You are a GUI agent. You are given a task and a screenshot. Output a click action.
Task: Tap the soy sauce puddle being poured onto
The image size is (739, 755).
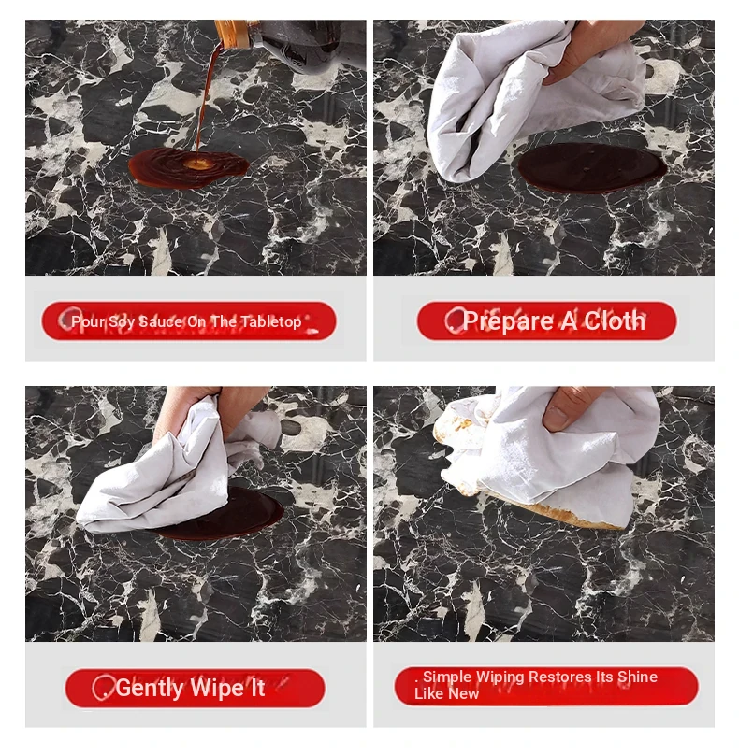(x=188, y=167)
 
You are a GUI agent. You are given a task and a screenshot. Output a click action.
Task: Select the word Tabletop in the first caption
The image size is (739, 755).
(x=271, y=321)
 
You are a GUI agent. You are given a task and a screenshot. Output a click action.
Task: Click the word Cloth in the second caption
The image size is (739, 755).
(x=615, y=321)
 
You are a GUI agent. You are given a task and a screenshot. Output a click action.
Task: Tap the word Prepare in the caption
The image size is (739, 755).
(x=508, y=321)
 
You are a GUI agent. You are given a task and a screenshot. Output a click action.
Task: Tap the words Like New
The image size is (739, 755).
(x=446, y=694)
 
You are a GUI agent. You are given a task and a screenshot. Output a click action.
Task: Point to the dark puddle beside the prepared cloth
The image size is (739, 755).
(x=592, y=168)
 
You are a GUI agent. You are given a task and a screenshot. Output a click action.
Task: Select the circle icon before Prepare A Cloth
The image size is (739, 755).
(x=454, y=321)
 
